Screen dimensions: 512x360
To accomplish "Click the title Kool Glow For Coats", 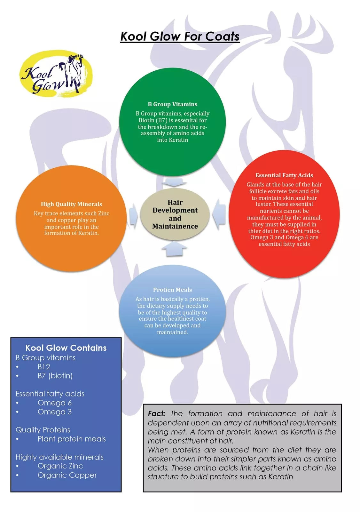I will [180, 36].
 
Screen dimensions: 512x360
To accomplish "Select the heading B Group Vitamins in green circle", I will [172, 104].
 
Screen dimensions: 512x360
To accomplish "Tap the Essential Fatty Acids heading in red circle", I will [284, 175].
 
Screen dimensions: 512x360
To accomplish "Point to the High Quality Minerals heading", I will [71, 204].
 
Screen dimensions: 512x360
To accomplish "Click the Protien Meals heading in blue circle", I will [172, 290].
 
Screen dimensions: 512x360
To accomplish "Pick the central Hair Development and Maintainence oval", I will [175, 214].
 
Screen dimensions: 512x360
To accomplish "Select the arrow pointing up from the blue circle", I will [174, 249].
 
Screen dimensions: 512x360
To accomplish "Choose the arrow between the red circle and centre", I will [219, 214].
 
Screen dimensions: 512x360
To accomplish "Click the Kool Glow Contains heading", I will [66, 348].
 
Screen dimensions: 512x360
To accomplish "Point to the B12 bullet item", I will [44, 367].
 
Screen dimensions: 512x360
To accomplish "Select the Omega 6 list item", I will [55, 403].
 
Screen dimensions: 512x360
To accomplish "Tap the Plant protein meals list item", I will [72, 439].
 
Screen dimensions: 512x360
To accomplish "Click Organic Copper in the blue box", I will [67, 476].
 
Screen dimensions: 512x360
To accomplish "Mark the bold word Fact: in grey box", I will [156, 414].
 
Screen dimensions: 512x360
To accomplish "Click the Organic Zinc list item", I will [60, 466].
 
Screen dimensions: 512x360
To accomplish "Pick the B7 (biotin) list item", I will [55, 376].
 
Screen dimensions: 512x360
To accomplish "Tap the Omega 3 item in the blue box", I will [55, 412].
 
